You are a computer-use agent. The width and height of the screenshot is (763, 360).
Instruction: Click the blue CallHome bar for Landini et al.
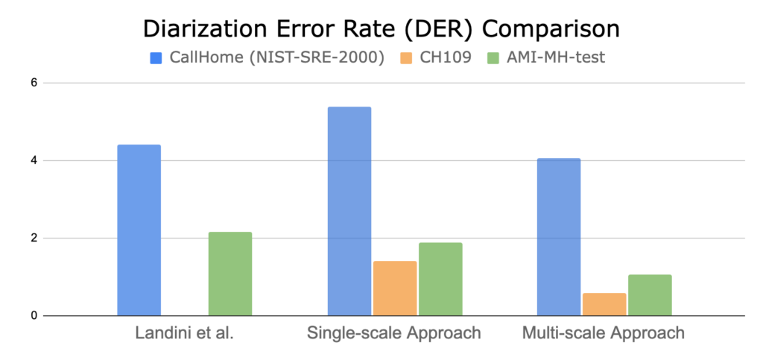[139, 230]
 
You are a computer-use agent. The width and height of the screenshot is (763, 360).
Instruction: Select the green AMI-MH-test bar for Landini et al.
[230, 274]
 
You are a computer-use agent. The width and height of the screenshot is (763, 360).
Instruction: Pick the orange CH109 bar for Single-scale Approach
[395, 288]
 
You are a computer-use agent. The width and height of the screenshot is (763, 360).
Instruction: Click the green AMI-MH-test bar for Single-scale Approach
[440, 279]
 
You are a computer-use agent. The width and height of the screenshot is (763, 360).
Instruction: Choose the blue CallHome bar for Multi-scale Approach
[559, 237]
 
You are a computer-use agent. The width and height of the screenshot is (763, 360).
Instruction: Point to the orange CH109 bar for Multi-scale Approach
[604, 304]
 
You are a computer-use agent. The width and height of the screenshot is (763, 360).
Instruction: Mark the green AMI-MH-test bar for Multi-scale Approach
[650, 295]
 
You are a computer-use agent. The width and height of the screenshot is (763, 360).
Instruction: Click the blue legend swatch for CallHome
[155, 57]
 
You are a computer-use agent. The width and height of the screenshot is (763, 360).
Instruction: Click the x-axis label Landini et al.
[185, 334]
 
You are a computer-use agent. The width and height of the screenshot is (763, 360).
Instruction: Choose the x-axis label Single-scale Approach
[394, 334]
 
